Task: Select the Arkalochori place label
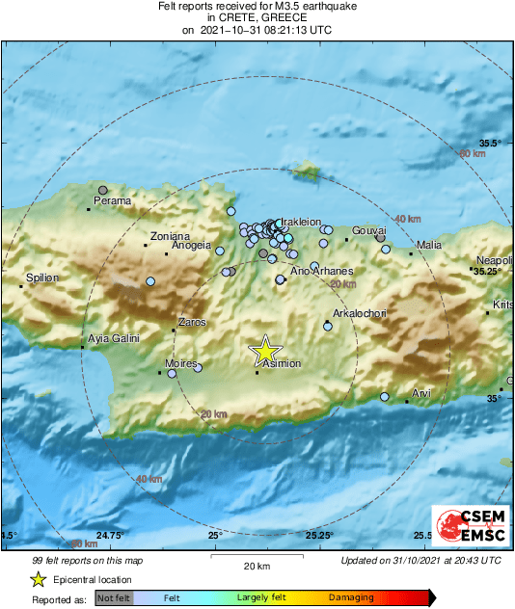tap(359, 314)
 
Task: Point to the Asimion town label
tap(283, 363)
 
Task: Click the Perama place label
tap(112, 201)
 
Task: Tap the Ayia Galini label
tap(114, 338)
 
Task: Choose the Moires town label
tap(181, 363)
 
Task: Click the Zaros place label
tap(193, 323)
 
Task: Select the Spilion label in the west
tap(42, 278)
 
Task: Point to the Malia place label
tap(429, 246)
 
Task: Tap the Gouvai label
tap(369, 231)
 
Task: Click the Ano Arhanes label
tap(322, 271)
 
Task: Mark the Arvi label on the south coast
tap(421, 393)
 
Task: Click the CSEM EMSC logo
tap(465, 526)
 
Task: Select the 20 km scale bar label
tap(256, 565)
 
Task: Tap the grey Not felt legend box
tap(114, 597)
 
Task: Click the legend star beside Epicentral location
tap(38, 579)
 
